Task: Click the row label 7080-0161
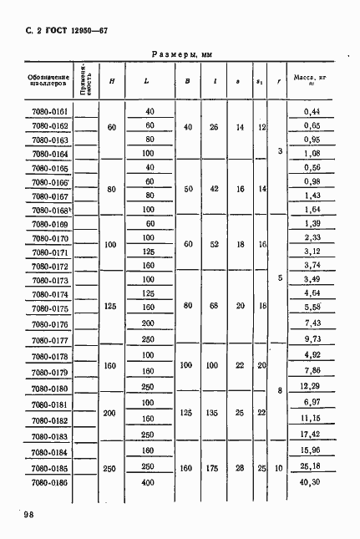coord(48,111)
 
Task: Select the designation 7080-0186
coord(48,483)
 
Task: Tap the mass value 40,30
coord(312,483)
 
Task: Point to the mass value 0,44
coord(312,111)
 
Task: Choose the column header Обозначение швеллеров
coord(48,80)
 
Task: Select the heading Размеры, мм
coord(181,53)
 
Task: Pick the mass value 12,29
coord(311,387)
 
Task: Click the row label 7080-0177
coord(48,340)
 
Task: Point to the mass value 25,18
coord(311,467)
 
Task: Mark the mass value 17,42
coord(311,435)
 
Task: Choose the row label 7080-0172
coord(48,267)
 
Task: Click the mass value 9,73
coord(312,340)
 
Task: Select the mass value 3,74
coord(312,267)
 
